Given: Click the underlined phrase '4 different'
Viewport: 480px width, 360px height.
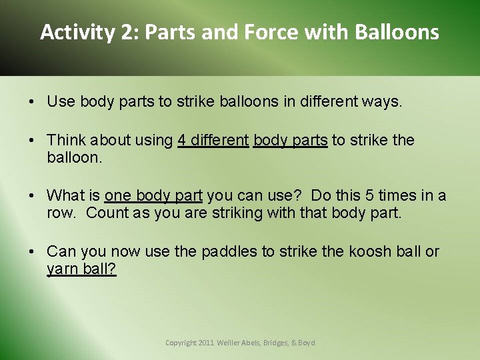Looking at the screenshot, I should coord(213,140).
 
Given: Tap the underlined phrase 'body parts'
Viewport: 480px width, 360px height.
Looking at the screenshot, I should coord(291,140).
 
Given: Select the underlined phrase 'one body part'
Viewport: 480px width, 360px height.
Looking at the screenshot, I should coord(153,196).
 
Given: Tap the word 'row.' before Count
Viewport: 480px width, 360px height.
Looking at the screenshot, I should coord(63,213).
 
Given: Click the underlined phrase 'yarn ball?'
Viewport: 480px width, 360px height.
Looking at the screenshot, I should coord(81,269).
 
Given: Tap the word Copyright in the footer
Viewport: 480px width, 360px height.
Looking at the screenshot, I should coord(181,343).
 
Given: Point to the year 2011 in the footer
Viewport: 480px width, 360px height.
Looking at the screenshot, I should coord(206,343).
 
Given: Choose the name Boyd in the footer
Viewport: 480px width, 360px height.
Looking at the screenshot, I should coord(306,343).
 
